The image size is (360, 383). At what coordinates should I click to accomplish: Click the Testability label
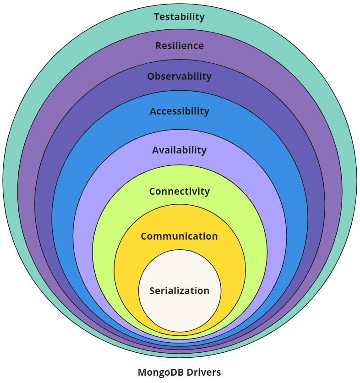click(x=179, y=17)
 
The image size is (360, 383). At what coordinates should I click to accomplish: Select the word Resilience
click(x=179, y=46)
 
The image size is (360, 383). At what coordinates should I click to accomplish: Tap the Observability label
click(x=179, y=77)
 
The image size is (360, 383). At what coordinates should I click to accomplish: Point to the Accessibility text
click(x=179, y=111)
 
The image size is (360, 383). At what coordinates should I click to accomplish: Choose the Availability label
click(x=179, y=150)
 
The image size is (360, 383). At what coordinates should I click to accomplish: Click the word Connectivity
click(x=179, y=191)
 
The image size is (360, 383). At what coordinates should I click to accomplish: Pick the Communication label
click(x=179, y=236)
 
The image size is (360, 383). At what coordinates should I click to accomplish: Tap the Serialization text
click(x=179, y=291)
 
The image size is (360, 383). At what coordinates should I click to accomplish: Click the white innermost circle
click(x=180, y=312)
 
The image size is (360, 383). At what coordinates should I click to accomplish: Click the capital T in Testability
click(x=157, y=17)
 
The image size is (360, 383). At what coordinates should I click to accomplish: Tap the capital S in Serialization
click(x=152, y=291)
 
